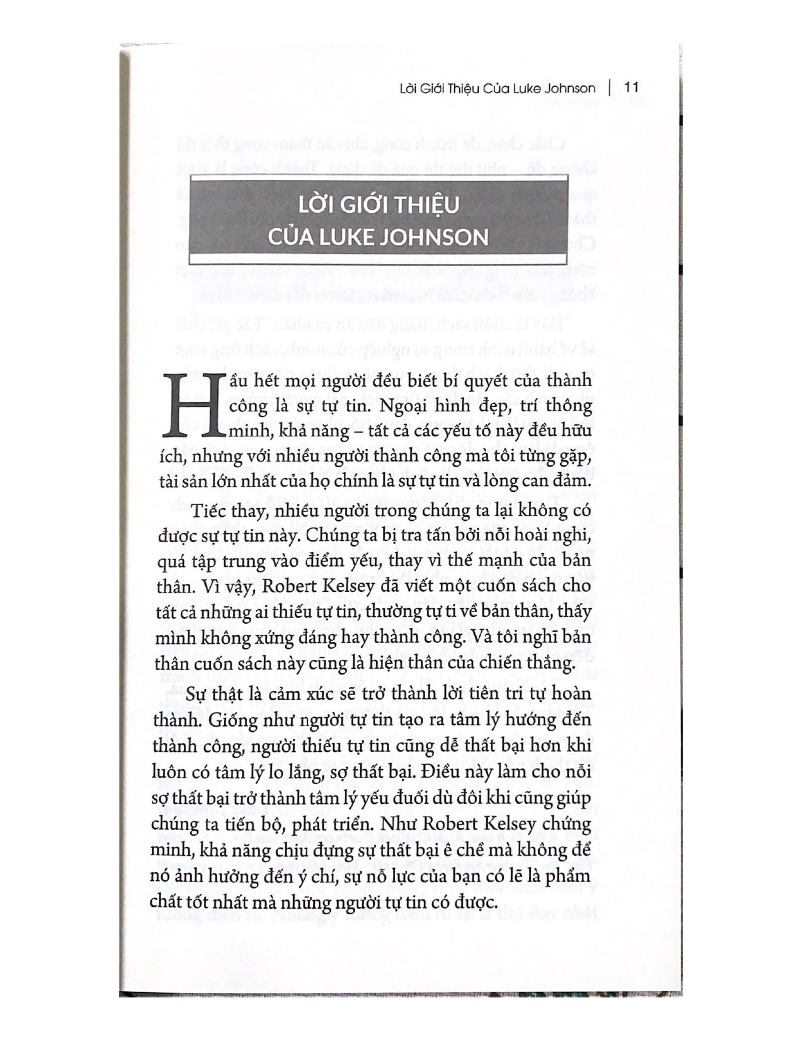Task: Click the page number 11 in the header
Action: (x=631, y=87)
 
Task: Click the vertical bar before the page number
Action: (x=610, y=87)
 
